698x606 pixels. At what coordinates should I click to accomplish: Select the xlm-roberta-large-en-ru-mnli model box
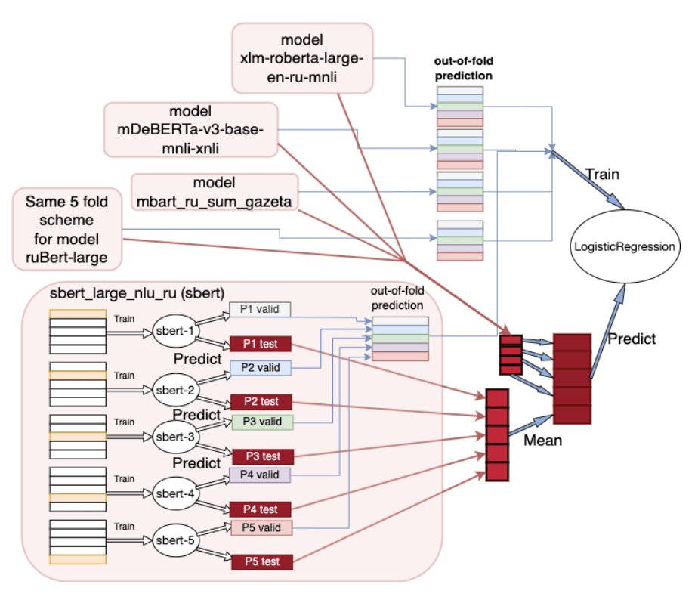pyautogui.click(x=301, y=58)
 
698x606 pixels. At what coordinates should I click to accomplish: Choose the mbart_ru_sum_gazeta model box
pyautogui.click(x=214, y=193)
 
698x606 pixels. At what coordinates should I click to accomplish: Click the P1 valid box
pyautogui.click(x=260, y=309)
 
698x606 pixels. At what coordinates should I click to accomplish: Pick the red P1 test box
pyautogui.click(x=260, y=344)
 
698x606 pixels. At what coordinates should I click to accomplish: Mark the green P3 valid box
pyautogui.click(x=260, y=421)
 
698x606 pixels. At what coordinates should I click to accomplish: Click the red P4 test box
pyautogui.click(x=260, y=509)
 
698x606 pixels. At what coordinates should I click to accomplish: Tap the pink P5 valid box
pyautogui.click(x=260, y=527)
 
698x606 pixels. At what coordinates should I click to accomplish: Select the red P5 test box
pyautogui.click(x=260, y=561)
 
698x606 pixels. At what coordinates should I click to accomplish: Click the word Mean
pyautogui.click(x=543, y=440)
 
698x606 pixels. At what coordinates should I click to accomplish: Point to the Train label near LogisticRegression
pyautogui.click(x=603, y=175)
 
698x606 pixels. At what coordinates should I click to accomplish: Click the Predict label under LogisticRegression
pyautogui.click(x=632, y=339)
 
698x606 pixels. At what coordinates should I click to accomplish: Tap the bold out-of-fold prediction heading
pyautogui.click(x=462, y=70)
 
